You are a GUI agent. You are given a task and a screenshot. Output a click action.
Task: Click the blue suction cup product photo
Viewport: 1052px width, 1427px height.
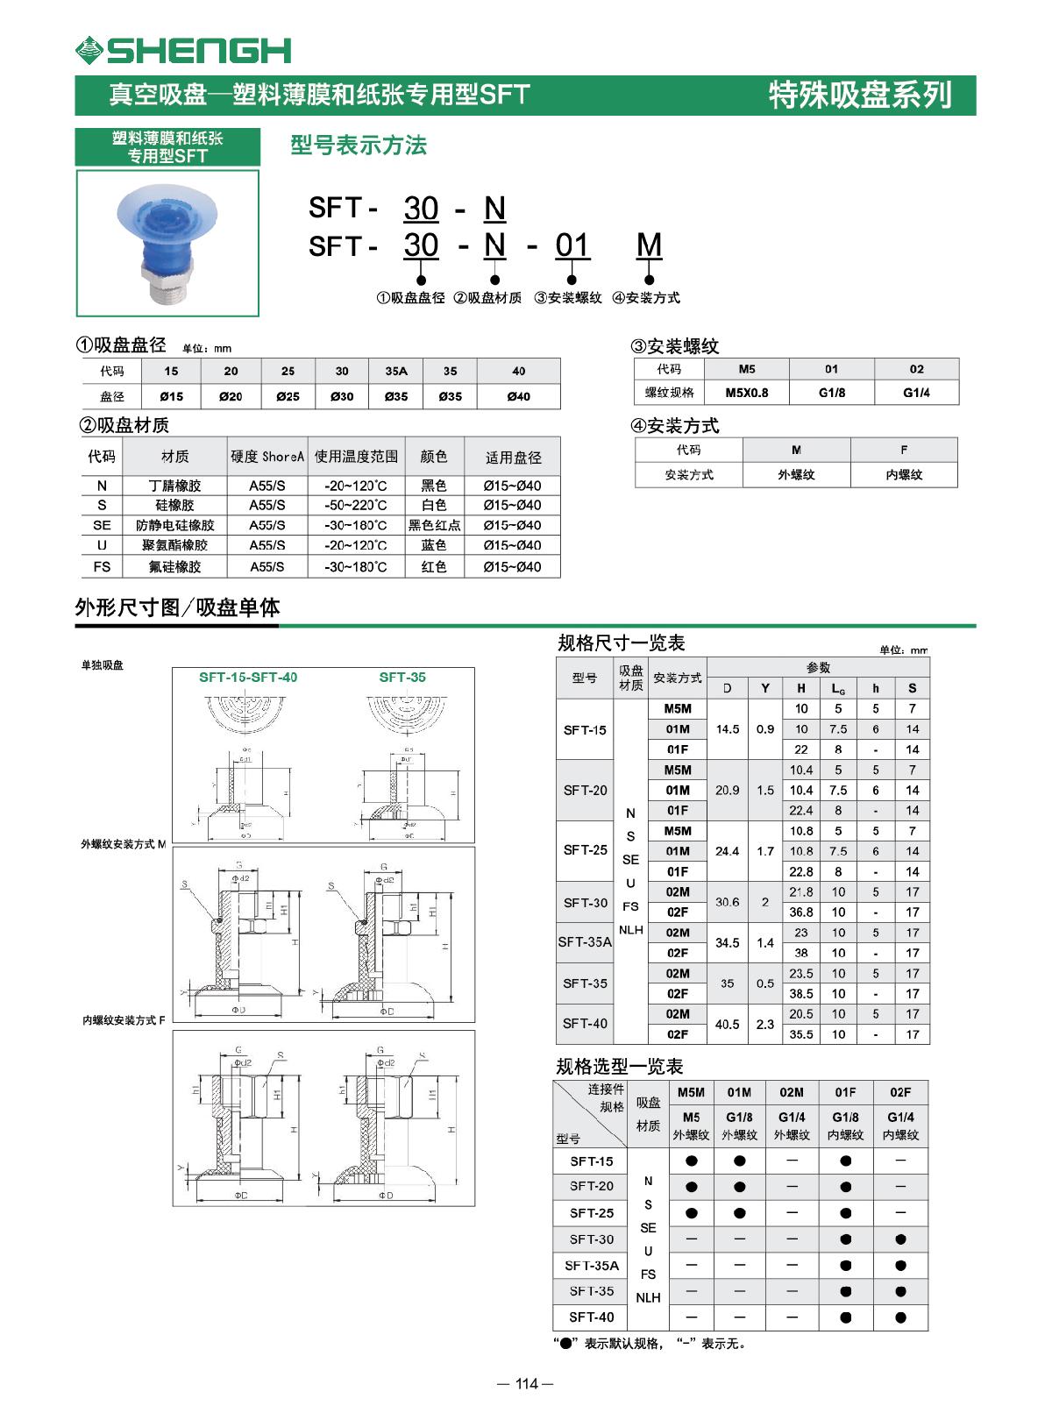coord(167,242)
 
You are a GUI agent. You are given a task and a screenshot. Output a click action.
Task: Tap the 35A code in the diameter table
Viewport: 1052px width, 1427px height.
coord(396,371)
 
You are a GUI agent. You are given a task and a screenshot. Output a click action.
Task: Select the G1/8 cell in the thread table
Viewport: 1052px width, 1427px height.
coord(831,392)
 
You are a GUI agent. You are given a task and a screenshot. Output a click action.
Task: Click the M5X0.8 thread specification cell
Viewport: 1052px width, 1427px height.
coord(747,392)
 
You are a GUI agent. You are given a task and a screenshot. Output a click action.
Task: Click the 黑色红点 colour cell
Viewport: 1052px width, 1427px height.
coord(434,525)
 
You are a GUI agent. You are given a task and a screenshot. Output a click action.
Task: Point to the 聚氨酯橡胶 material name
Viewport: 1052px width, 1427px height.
coord(174,545)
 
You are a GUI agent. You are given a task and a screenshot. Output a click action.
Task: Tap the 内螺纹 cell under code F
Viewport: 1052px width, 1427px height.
coord(903,474)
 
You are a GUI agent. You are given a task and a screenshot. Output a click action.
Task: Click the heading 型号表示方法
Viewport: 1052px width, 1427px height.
coord(358,146)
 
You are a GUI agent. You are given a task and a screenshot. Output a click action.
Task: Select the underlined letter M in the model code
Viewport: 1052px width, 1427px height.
coord(649,245)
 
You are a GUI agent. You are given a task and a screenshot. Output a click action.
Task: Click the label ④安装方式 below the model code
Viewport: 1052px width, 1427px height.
coord(645,298)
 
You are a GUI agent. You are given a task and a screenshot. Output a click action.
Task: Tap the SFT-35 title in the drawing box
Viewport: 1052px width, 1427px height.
coord(402,677)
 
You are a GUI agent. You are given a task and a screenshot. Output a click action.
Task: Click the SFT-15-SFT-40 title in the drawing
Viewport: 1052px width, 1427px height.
coord(248,677)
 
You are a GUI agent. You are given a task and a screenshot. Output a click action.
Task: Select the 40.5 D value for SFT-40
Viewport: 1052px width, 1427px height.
coord(727,1024)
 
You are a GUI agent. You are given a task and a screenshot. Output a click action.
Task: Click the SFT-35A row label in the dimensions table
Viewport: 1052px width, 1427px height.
coord(585,942)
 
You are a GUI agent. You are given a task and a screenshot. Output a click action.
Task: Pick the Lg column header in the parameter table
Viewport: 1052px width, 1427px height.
coord(838,688)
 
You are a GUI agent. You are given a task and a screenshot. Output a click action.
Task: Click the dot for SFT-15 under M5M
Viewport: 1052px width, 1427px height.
coord(691,1161)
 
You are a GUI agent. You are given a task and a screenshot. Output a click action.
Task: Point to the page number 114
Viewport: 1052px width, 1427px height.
coord(525,1384)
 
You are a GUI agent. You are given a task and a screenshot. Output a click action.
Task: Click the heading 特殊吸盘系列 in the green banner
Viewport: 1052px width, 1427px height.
coord(859,95)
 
